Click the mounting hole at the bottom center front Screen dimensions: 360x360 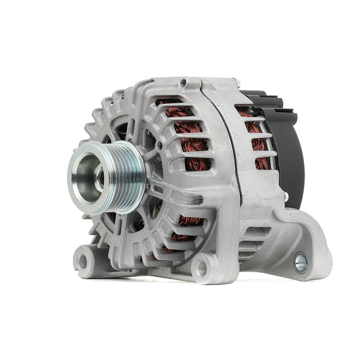tap(201, 269)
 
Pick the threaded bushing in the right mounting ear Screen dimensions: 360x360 tap(300, 260)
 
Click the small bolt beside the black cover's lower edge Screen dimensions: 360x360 tap(285, 198)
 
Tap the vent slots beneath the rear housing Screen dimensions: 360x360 tap(254, 236)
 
